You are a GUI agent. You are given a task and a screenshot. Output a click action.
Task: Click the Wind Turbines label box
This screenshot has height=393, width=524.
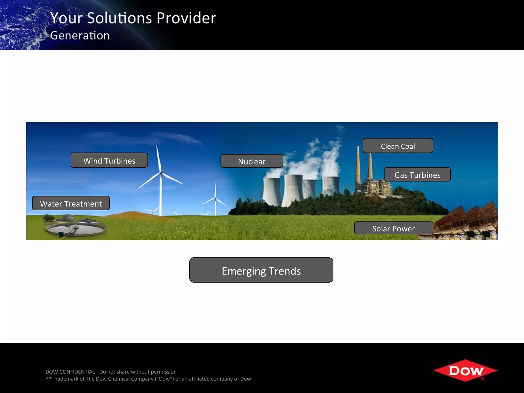click(109, 160)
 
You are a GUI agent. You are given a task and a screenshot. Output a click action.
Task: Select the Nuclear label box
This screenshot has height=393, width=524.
click(252, 161)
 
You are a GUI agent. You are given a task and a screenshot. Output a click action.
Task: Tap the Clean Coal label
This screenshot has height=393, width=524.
click(398, 146)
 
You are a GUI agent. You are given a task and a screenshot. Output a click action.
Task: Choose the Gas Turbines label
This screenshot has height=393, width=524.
click(417, 175)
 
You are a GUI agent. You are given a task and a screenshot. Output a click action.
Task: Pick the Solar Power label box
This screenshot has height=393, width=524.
click(394, 228)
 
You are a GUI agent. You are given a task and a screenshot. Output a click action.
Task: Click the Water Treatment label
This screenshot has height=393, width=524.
click(71, 203)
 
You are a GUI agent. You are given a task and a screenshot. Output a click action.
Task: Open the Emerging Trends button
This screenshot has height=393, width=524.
click(261, 270)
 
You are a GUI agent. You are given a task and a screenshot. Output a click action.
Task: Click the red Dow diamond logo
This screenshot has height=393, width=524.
click(465, 370)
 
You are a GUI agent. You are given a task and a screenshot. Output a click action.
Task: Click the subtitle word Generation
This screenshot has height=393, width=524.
click(80, 35)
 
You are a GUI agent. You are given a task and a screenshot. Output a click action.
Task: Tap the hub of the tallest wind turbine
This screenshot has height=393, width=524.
click(161, 173)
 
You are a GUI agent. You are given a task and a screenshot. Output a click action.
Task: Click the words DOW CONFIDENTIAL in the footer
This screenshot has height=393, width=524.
click(70, 372)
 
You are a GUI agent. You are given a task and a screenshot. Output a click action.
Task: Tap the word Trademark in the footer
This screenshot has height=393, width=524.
click(65, 379)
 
